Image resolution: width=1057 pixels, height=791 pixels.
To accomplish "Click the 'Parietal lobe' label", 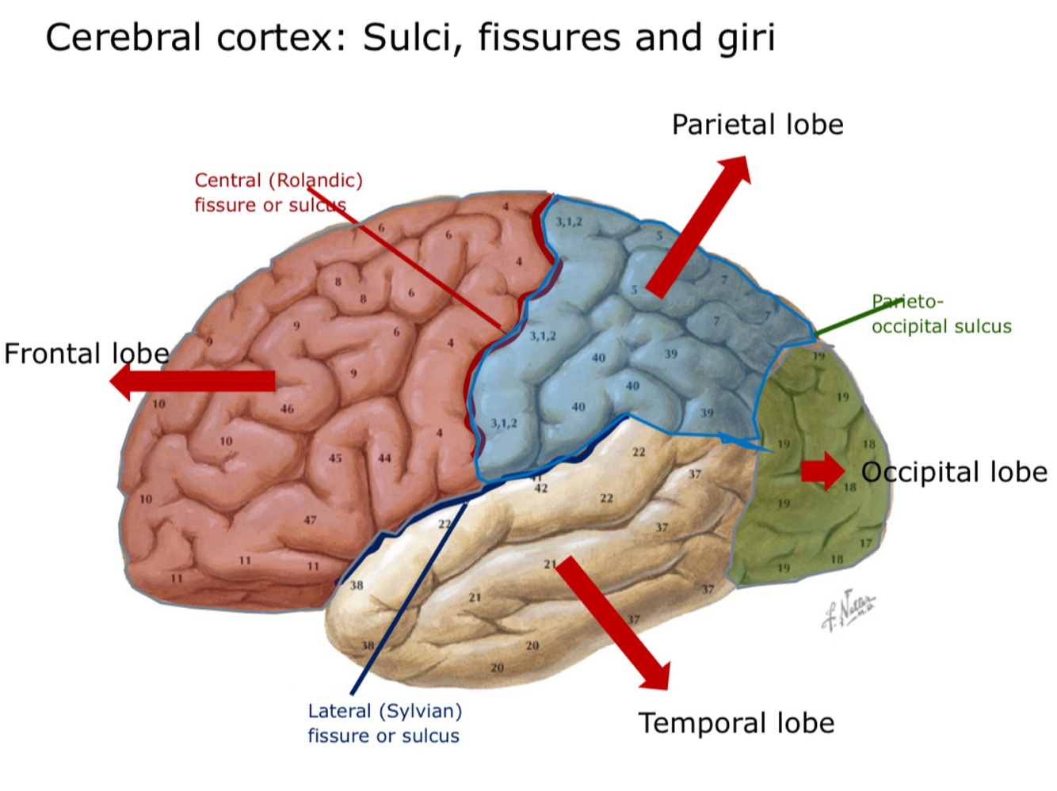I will [757, 125].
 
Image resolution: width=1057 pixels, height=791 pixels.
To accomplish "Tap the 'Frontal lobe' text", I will [86, 354].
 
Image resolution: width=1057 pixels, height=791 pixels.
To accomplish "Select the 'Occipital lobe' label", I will [954, 473].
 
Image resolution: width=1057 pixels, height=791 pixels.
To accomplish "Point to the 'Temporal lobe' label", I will [736, 724].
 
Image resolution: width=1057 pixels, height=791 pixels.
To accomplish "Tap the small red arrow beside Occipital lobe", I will [822, 471].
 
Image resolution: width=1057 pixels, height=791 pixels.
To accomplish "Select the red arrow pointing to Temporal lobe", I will [612, 622].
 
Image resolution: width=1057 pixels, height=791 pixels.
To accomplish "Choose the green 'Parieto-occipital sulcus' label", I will [941, 314].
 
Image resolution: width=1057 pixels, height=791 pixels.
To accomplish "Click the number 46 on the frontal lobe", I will [287, 409].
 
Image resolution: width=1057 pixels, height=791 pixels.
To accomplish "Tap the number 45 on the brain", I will [335, 458].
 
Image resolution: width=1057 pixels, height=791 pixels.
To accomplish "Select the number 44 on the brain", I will [384, 458].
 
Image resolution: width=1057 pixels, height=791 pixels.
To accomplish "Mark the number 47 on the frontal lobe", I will [310, 520].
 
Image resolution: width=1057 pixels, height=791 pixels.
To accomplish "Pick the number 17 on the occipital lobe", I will [865, 543].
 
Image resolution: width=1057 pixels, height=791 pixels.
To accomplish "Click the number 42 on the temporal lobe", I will [540, 489].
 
